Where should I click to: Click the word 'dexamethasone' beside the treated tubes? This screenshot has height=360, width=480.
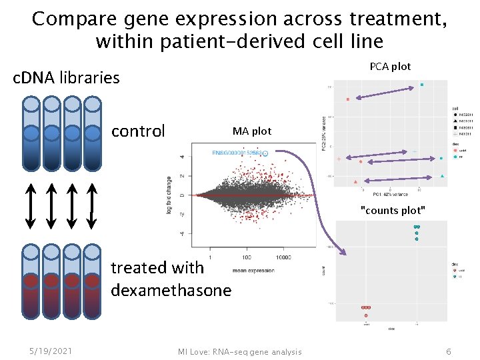pyautogui.click(x=171, y=291)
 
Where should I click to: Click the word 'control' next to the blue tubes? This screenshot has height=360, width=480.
pyautogui.click(x=138, y=131)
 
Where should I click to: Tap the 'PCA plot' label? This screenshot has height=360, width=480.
pyautogui.click(x=390, y=66)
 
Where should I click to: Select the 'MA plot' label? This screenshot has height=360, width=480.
pyautogui.click(x=252, y=131)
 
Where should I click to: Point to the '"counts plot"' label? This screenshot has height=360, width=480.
pyautogui.click(x=392, y=210)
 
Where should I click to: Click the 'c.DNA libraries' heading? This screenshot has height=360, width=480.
pyautogui.click(x=67, y=78)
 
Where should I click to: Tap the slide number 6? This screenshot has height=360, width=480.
pyautogui.click(x=449, y=351)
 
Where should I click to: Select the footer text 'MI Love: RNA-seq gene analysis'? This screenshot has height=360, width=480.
pyautogui.click(x=239, y=352)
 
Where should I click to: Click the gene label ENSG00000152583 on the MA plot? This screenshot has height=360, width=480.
pyautogui.click(x=237, y=153)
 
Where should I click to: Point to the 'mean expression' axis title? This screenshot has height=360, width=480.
pyautogui.click(x=254, y=270)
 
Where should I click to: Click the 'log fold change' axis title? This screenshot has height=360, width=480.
pyautogui.click(x=171, y=194)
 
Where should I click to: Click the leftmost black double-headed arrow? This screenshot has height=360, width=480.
pyautogui.click(x=31, y=204)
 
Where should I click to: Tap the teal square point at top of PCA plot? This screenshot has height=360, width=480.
pyautogui.click(x=422, y=85)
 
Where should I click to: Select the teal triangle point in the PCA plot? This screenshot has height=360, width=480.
pyautogui.click(x=443, y=176)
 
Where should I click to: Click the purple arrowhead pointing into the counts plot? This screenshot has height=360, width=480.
pyautogui.click(x=343, y=252)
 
